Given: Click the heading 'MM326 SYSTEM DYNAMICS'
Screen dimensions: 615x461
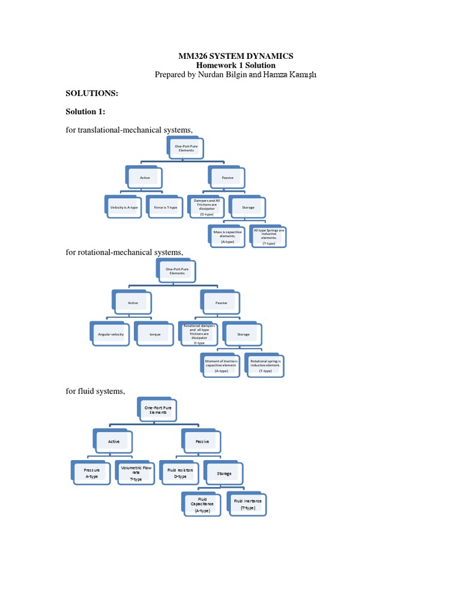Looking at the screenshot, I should coord(235,56).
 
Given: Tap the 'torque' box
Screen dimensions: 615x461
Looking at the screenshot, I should coord(155,333).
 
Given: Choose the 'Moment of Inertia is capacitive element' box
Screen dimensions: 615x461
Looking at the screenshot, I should coord(220,365).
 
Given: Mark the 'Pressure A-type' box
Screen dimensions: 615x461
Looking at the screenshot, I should coord(91,472).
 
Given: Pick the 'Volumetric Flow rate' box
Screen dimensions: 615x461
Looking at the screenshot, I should coord(136,472).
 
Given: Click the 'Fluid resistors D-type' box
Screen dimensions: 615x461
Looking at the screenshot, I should coord(180,472).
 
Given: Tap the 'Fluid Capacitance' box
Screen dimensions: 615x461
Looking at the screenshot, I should coord(202,503).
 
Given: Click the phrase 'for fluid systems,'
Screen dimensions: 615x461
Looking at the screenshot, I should coord(95,392).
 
